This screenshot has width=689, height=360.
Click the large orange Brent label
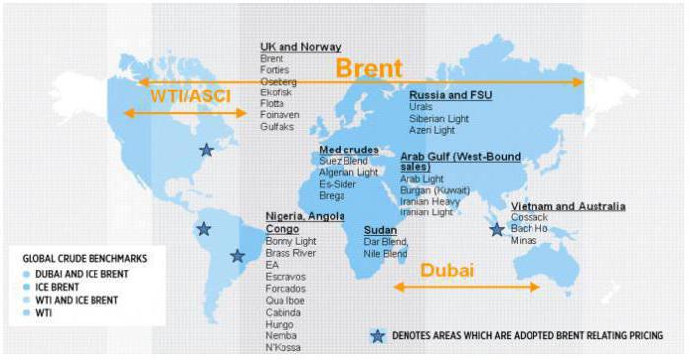click(x=369, y=68)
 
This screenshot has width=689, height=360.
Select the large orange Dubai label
click(x=447, y=270)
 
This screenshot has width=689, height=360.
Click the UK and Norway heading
click(x=300, y=46)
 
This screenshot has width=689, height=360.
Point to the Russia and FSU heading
click(x=451, y=95)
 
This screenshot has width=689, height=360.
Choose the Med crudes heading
click(x=348, y=150)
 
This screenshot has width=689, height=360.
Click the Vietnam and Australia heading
click(x=567, y=206)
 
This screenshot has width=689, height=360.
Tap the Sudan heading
click(x=380, y=228)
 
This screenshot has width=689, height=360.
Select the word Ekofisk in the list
click(x=280, y=92)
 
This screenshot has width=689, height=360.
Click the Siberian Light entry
click(x=439, y=119)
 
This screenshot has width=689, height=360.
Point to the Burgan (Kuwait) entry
click(x=435, y=190)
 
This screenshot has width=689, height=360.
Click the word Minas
click(x=526, y=240)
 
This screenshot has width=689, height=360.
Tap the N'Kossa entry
click(x=284, y=347)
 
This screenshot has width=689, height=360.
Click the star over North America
click(x=206, y=150)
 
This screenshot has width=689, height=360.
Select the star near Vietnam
click(x=497, y=229)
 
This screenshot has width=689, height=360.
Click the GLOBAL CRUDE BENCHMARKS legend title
click(x=85, y=258)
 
